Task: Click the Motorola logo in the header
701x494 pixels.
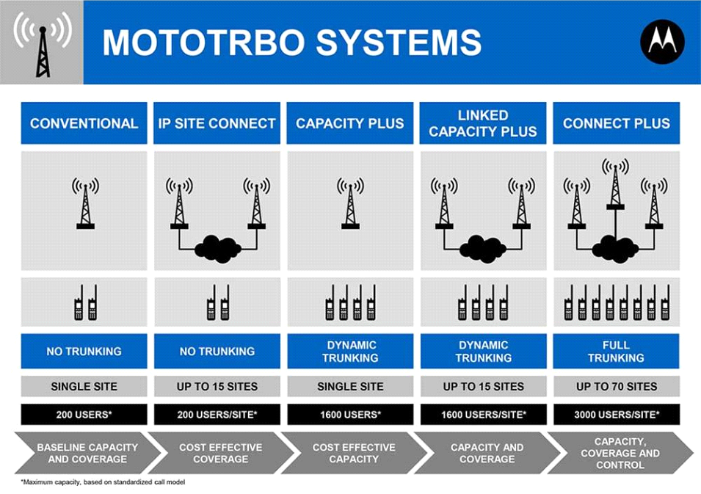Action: [x=662, y=42]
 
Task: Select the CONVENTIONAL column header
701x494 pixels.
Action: [x=84, y=123]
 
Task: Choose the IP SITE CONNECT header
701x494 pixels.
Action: [x=217, y=123]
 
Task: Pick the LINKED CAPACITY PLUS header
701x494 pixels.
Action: [x=483, y=123]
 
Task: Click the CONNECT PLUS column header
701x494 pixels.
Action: [x=616, y=123]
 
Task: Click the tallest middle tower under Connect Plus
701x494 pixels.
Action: [x=615, y=184]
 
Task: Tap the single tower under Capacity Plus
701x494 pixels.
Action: [x=350, y=203]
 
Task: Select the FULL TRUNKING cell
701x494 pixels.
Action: [x=616, y=351]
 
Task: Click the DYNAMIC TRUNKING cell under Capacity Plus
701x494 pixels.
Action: [x=350, y=351]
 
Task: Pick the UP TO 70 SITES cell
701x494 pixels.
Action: [x=616, y=386]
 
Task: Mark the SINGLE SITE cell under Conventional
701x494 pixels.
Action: [x=84, y=386]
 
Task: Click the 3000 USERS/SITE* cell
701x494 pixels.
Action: [x=616, y=415]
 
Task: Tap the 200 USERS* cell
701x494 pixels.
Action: [x=84, y=415]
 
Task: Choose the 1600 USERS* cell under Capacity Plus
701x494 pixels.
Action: [x=350, y=415]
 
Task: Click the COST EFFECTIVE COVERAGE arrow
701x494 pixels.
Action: [x=220, y=453]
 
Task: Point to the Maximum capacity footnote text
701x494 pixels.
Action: [x=103, y=482]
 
